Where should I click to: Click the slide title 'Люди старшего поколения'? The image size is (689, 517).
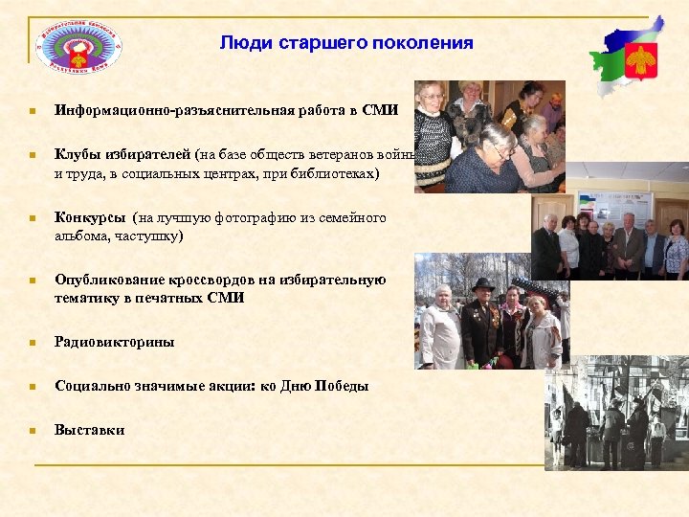tap(345, 43)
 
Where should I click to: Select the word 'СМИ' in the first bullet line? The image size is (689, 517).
tap(380, 111)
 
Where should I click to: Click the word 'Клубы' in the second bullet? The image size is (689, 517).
tap(76, 154)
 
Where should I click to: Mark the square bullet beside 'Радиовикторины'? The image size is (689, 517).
tap(32, 343)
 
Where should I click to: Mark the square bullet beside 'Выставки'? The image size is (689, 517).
tap(32, 431)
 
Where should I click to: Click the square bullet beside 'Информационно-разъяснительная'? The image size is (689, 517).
tap(32, 112)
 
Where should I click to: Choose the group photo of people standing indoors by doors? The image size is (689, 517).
tap(610, 236)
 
